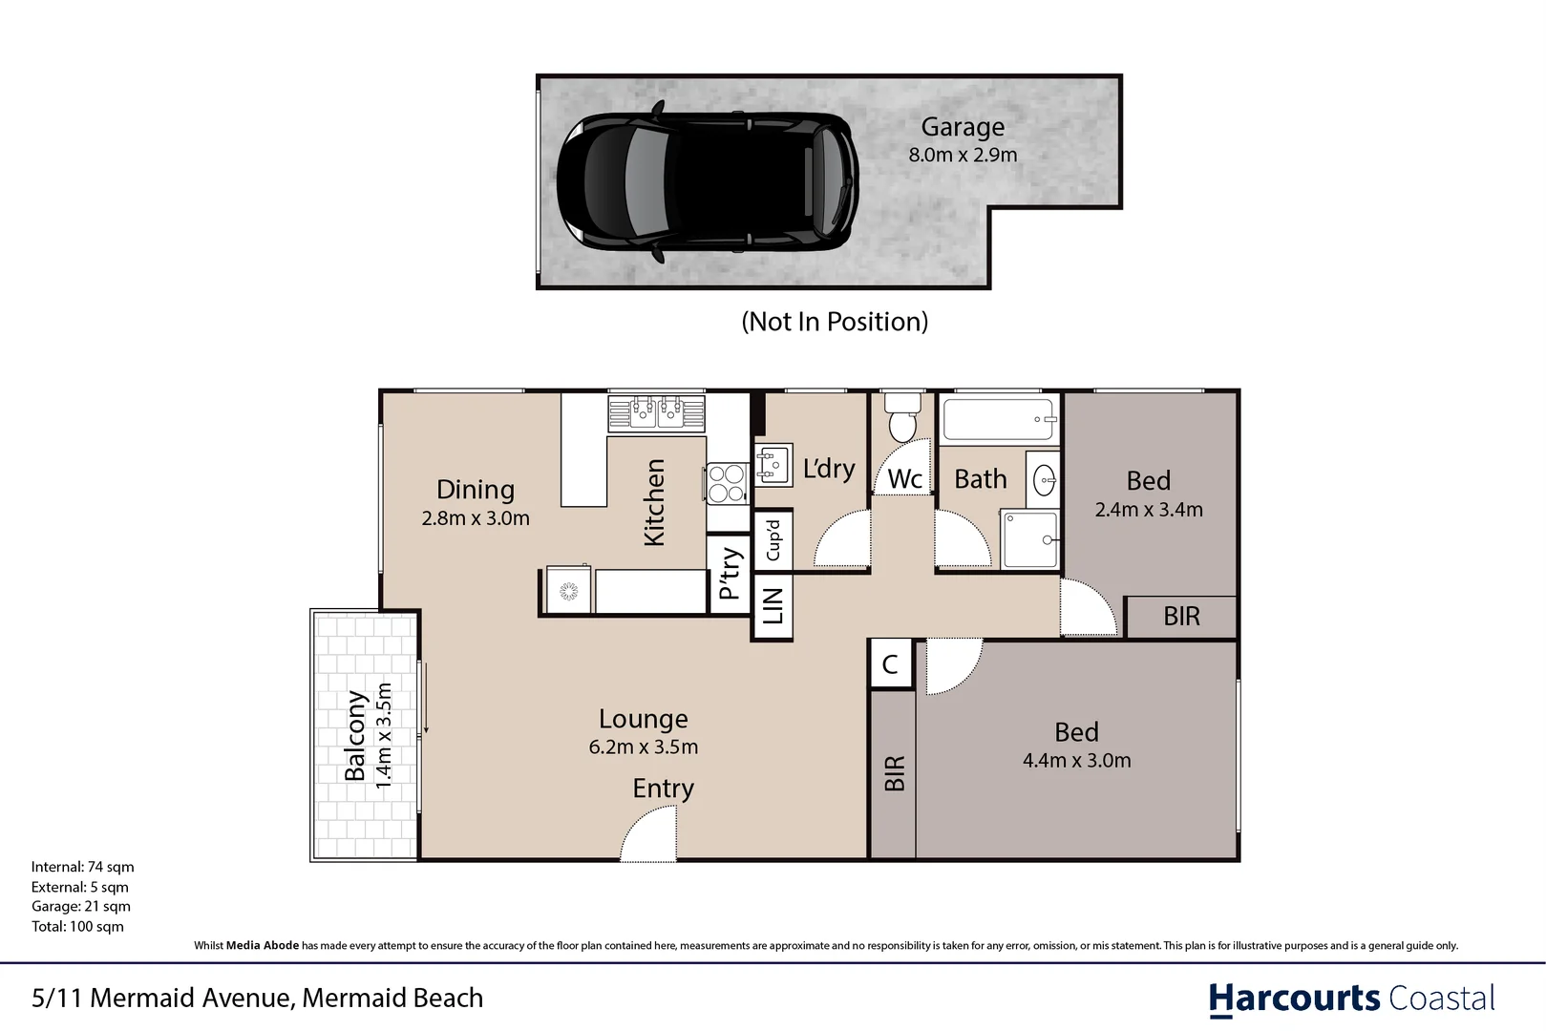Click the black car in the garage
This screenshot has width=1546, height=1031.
pos(708,182)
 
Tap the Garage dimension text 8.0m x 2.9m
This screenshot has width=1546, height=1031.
pos(963,155)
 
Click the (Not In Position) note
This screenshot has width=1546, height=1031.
pos(835,322)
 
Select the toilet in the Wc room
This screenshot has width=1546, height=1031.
pos(902,417)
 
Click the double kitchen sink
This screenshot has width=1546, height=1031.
pos(656,413)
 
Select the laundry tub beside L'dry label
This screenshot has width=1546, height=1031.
pos(773,465)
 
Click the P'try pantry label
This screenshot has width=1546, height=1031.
pos(731,574)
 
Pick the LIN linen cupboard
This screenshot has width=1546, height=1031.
pos(772,606)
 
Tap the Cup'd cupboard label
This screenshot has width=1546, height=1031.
pos(773,540)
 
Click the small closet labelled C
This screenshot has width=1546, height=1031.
pos(890,663)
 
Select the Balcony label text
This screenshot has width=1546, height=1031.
pos(355,736)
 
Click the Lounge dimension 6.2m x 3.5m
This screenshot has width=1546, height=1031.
pos(644,747)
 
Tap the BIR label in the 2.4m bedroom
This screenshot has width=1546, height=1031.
pos(1181,617)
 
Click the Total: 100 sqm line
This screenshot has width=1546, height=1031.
pos(77,926)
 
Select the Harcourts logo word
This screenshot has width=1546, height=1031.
pos(1294,999)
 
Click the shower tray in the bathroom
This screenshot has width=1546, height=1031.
pos(1029,539)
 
